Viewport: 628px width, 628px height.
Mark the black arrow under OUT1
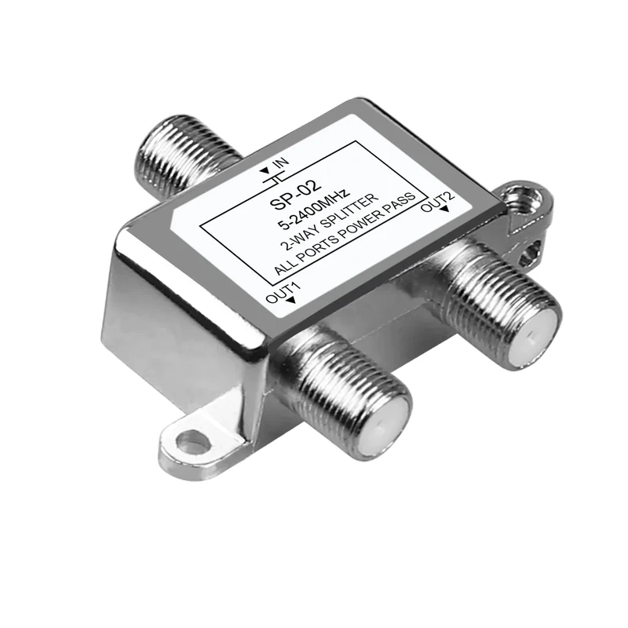(292, 301)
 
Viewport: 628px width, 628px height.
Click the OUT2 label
(437, 200)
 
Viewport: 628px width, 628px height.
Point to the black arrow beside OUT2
(445, 210)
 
